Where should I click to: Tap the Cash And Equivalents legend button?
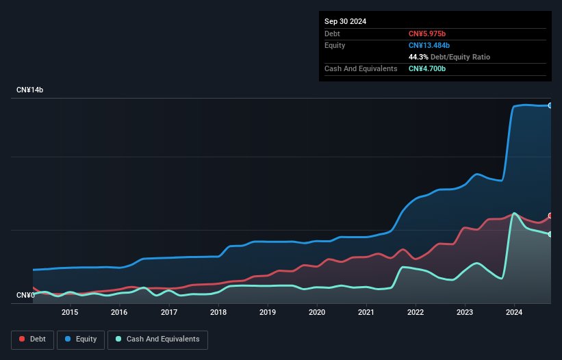157,339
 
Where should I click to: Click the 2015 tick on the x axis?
70,312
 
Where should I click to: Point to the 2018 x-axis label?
218,312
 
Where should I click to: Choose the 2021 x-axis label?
366,312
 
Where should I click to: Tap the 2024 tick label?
514,312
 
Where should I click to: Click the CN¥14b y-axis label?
30,90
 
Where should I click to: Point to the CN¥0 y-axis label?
25,295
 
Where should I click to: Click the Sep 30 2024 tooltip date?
345,21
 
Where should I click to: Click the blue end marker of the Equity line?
550,105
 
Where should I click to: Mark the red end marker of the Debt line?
550,216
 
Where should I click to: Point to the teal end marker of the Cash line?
550,234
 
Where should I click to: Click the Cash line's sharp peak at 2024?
514,214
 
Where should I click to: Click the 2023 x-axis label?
465,312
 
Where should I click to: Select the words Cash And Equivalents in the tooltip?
361,68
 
